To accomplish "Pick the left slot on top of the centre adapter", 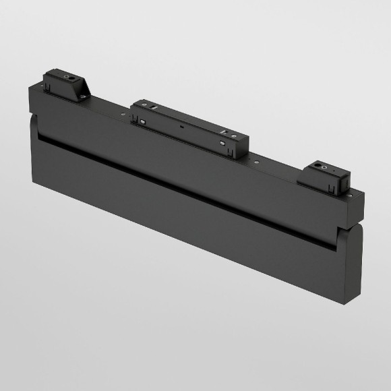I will (154, 108).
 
